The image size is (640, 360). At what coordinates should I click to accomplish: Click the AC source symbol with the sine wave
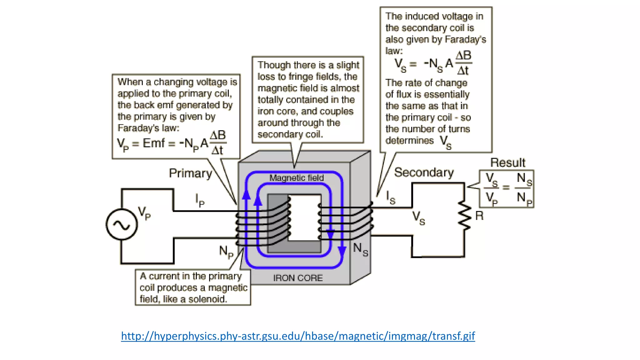122,224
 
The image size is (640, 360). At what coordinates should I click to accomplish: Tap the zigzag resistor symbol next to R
465,216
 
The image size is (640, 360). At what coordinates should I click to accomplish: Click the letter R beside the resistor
479,216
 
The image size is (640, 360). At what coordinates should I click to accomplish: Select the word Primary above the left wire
190,173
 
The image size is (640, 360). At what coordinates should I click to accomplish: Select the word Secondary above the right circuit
424,172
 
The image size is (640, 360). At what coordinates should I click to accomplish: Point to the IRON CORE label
298,278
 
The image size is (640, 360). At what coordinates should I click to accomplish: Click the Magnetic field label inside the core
296,178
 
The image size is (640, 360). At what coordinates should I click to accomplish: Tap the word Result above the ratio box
507,162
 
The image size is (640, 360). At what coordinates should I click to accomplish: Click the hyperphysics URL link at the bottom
298,336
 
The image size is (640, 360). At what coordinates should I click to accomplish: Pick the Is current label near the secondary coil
390,197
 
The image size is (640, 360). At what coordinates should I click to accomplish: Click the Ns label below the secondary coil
361,249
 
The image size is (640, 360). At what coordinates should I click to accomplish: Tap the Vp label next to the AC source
144,213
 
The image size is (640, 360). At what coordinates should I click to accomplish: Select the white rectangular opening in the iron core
305,218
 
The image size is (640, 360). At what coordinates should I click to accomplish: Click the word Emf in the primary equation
153,143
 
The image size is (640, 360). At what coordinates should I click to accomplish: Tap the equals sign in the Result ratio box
506,187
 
